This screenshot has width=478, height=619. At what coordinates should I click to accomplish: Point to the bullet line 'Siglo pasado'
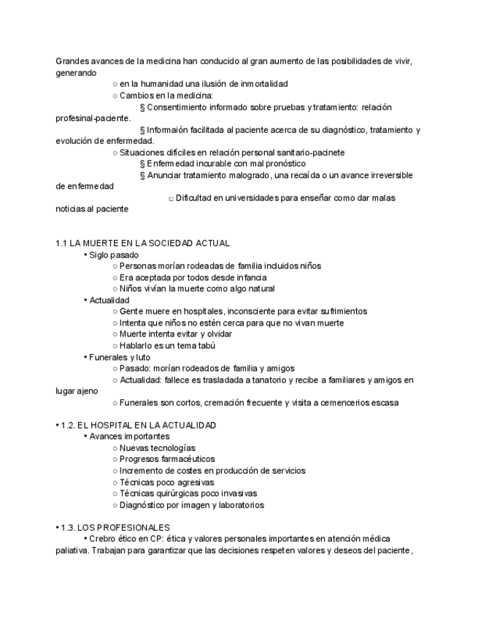[x=113, y=255]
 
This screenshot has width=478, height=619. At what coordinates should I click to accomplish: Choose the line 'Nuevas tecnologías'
[x=157, y=447]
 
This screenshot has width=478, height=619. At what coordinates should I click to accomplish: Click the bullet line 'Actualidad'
[x=109, y=300]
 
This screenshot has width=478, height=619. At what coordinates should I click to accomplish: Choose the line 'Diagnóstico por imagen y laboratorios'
[x=191, y=504]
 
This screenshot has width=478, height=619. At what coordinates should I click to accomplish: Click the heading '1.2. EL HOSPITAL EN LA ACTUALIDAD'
[x=138, y=425]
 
